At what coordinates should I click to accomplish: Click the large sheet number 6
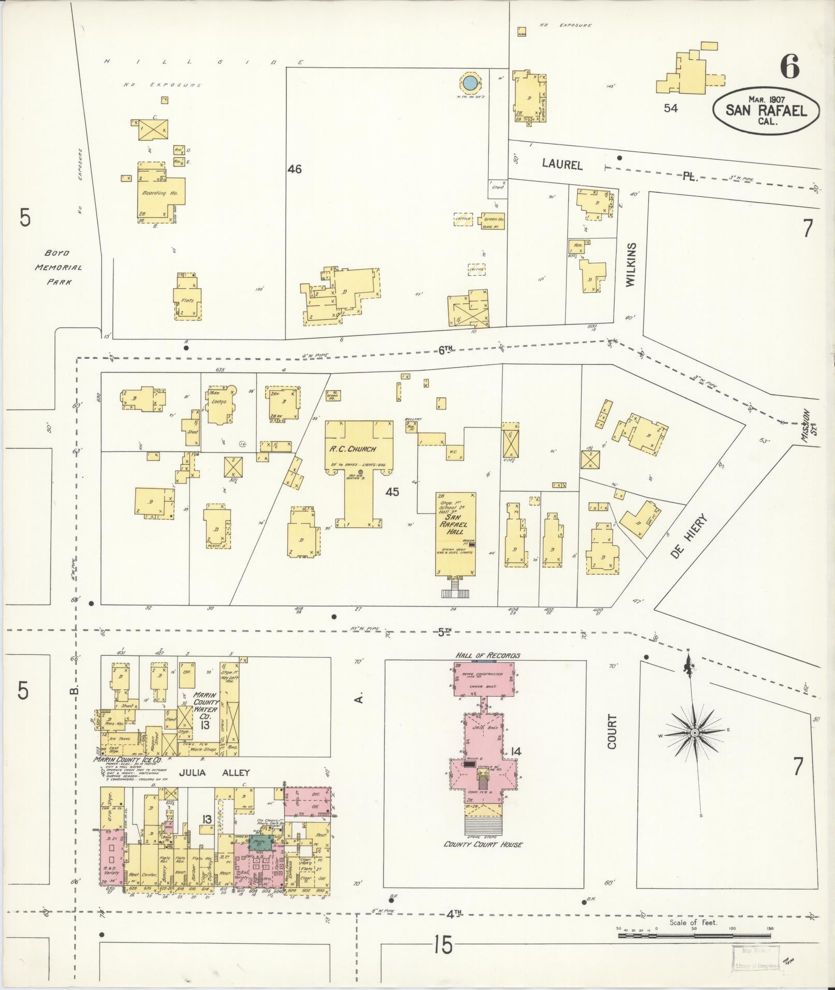coord(790,67)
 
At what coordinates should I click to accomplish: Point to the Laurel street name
coord(562,165)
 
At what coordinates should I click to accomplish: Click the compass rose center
coord(694,733)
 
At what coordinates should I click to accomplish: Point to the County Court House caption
coord(483,844)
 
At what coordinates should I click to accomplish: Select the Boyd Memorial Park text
coord(59,268)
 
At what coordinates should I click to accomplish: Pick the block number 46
coord(295,169)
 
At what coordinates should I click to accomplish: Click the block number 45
coord(392,492)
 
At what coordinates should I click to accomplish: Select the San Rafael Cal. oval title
coord(767,111)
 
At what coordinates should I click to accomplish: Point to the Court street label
coord(612,732)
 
